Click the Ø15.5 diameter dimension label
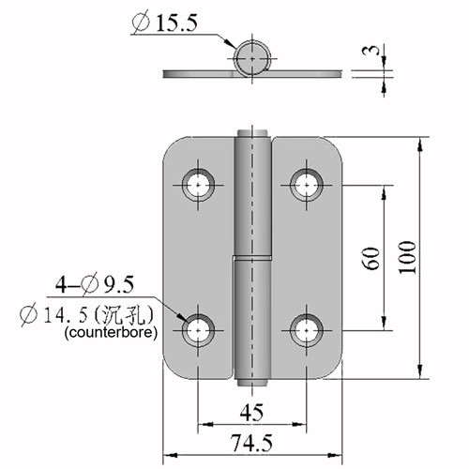point(165,23)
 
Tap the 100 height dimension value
point(407,257)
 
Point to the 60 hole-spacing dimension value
point(371,258)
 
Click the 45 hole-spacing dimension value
point(252,413)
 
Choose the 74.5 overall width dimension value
point(251,443)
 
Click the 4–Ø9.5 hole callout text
point(95,284)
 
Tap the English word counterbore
point(111,332)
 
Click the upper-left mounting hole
point(198,185)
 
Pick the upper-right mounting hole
point(307,185)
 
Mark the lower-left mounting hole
point(198,330)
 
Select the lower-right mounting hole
point(307,330)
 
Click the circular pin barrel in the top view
point(252,58)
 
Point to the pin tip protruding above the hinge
point(252,133)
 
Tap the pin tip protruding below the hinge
point(252,382)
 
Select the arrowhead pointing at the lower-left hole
point(182,316)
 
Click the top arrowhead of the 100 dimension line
point(420,144)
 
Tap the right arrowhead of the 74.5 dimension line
point(335,455)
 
